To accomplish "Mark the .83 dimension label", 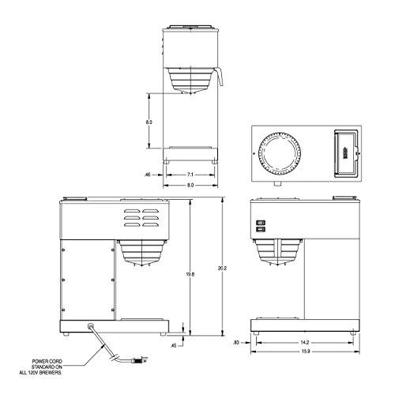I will pos(238,343).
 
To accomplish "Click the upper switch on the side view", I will pos(258,222).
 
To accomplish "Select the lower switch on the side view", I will pos(258,231).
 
